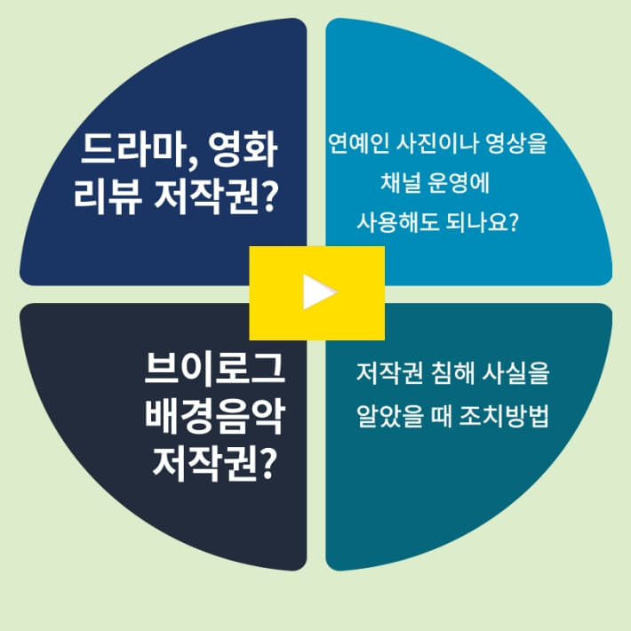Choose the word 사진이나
coord(431,142)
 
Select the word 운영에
coord(460,184)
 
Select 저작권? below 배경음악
coord(212,460)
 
